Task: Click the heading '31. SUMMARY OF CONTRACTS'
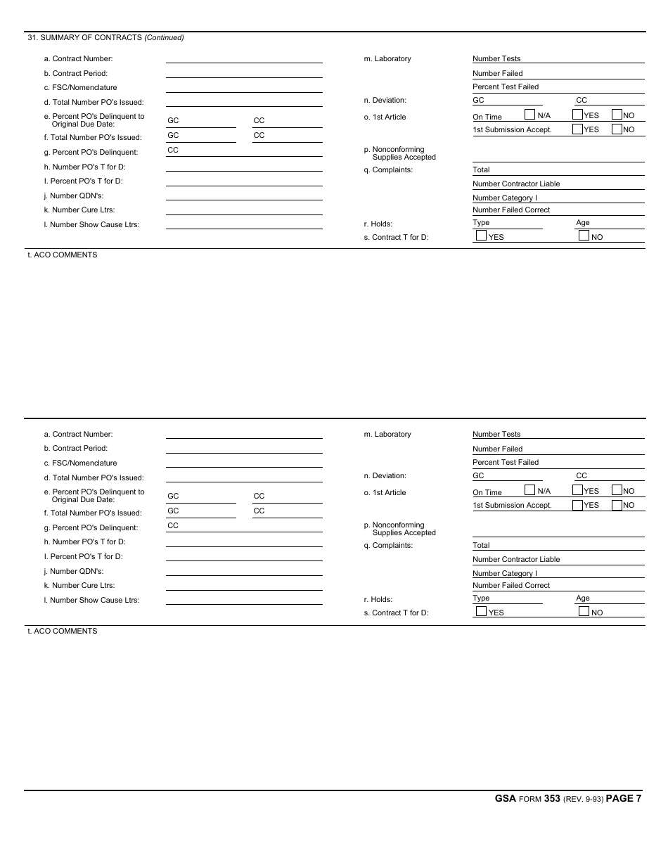click(84, 37)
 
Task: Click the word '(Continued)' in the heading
click(164, 37)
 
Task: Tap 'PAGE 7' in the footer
click(623, 798)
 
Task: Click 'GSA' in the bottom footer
click(506, 798)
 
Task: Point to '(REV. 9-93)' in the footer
click(583, 799)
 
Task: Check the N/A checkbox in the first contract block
click(530, 115)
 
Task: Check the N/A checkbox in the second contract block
click(530, 490)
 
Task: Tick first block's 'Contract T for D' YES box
click(481, 236)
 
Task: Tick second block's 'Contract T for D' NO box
click(584, 612)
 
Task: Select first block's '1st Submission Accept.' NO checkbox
click(617, 129)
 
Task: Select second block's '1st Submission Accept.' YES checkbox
click(577, 504)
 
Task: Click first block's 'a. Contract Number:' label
click(78, 59)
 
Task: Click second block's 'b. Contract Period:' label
click(75, 449)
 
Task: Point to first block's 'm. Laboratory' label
click(387, 59)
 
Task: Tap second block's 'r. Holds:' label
click(378, 600)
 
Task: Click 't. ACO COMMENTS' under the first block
click(63, 255)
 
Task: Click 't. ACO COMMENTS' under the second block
click(63, 632)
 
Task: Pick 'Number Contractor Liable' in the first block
click(516, 184)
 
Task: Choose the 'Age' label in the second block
click(583, 598)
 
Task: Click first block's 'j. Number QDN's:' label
click(73, 196)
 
